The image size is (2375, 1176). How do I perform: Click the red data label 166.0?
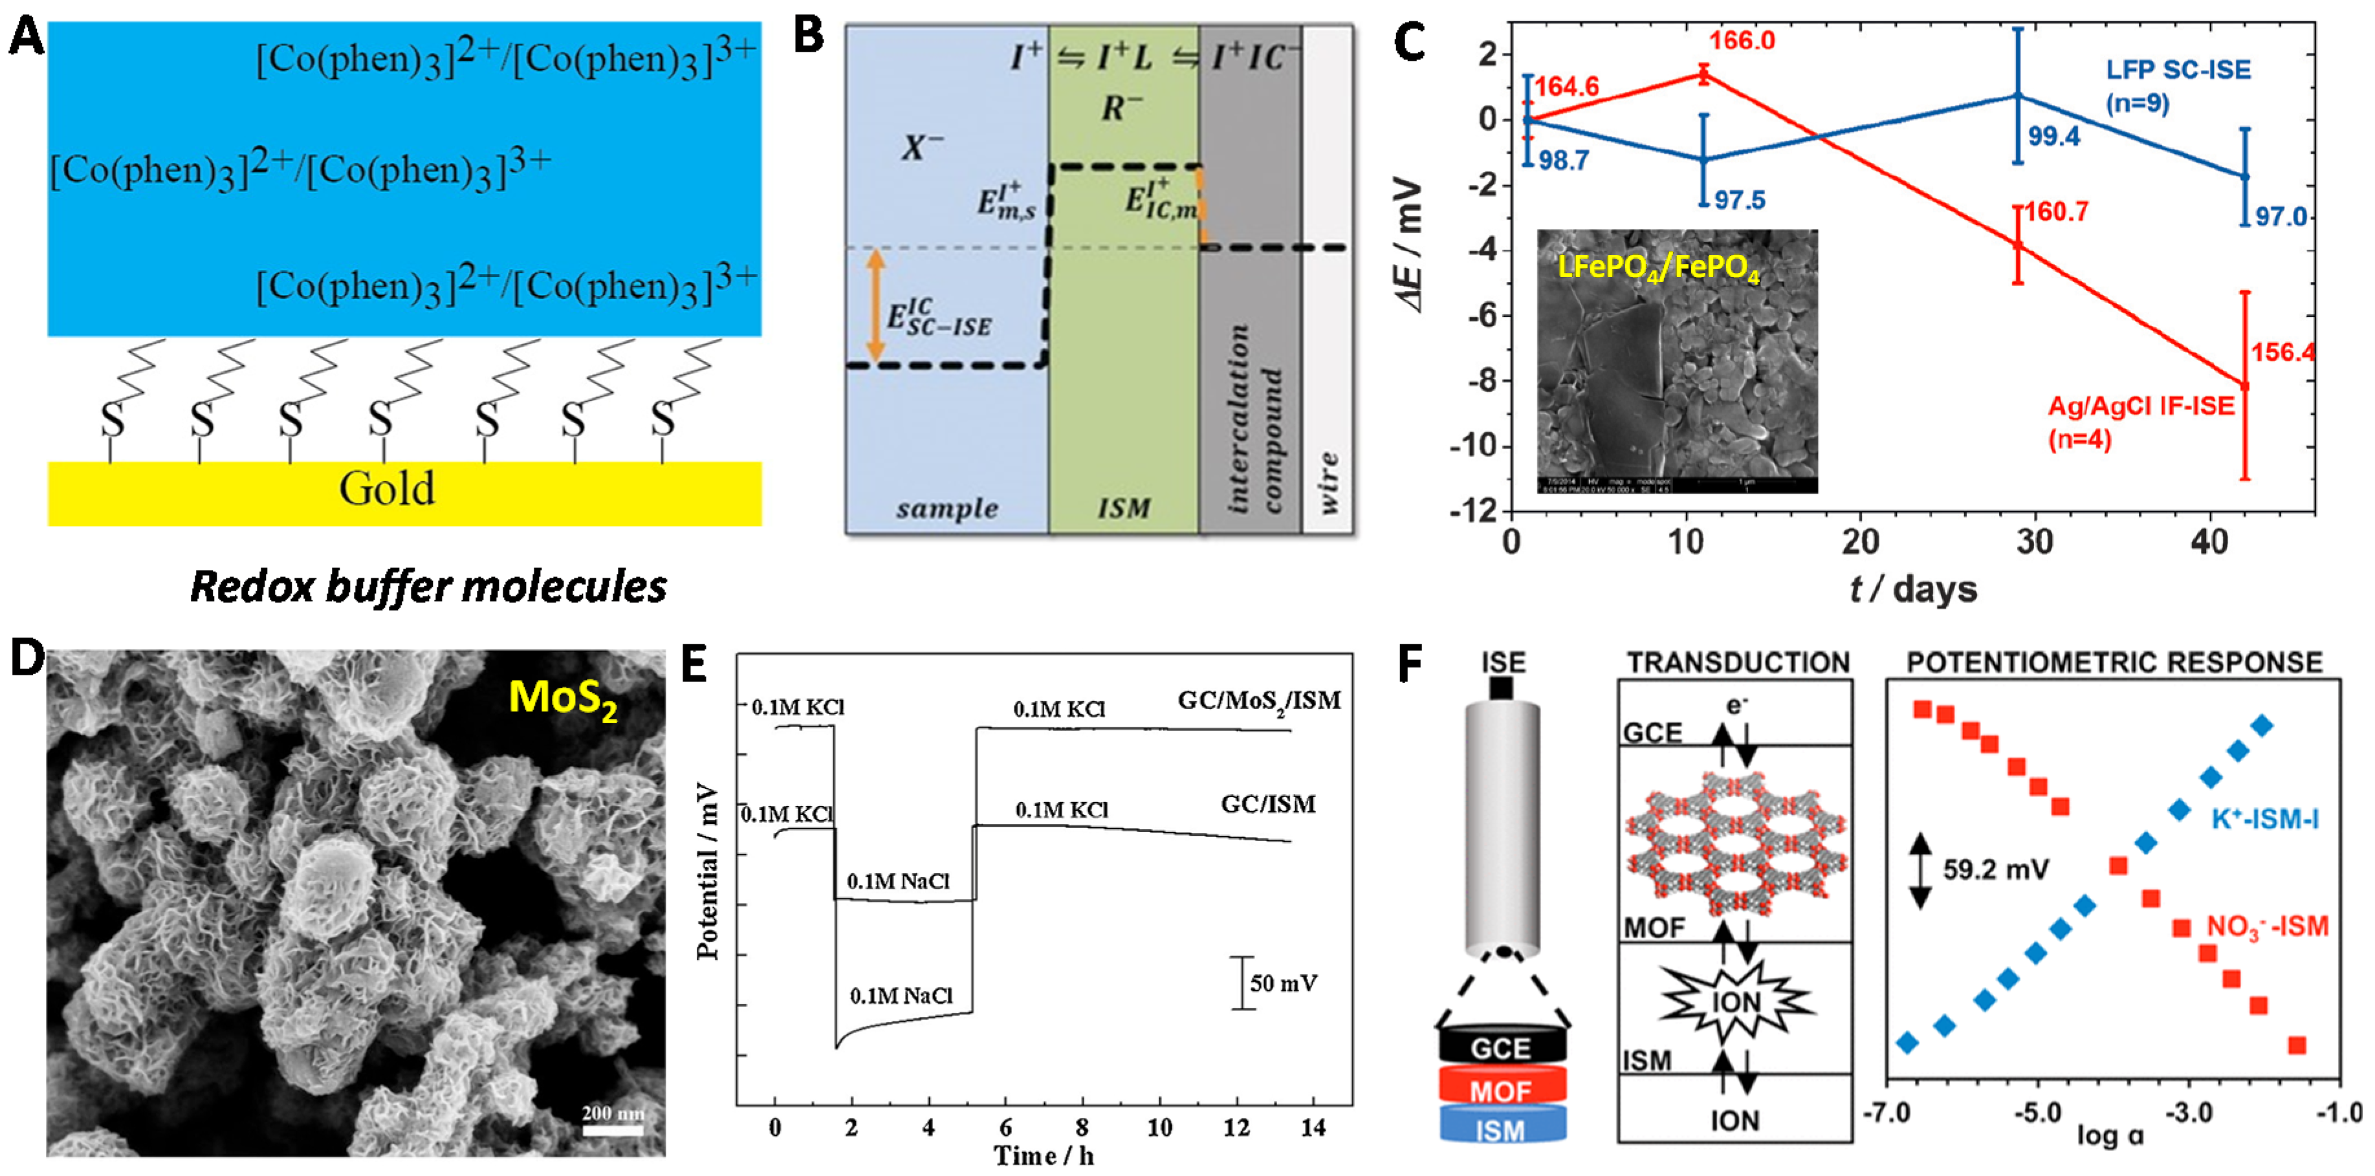1742,41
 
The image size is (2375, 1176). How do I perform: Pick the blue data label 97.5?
1739,200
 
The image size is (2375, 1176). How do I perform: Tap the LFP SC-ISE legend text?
2178,85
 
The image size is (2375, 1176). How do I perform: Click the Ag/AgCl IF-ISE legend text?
2141,421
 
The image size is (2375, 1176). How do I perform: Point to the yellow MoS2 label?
562,699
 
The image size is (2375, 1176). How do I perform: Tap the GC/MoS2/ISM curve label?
1258,701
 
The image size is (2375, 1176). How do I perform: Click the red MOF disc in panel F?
1501,1089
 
